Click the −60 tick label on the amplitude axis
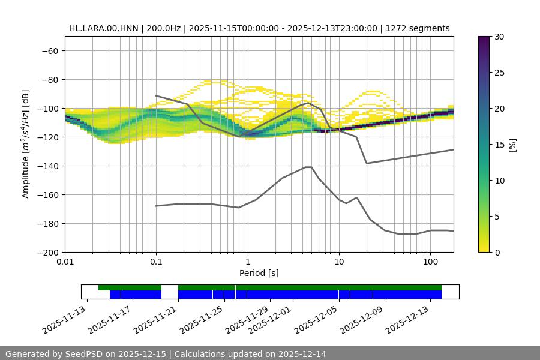click(49, 50)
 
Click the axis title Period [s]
click(259, 274)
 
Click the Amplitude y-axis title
click(26, 144)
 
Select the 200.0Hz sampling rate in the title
click(158, 28)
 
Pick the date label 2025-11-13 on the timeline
click(64, 320)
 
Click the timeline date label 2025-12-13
click(407, 320)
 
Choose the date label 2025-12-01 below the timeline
click(270, 320)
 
